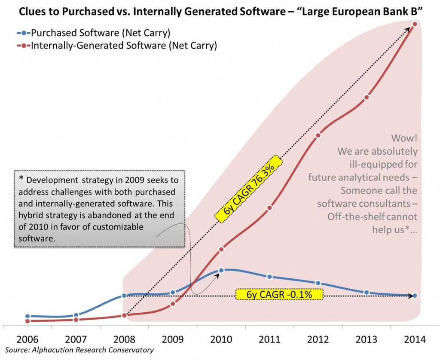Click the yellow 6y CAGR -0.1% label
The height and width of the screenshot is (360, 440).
point(279,294)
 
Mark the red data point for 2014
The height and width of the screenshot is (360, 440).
point(415,24)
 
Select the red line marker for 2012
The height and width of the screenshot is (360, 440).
point(318,135)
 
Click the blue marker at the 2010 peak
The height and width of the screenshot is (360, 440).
point(221,270)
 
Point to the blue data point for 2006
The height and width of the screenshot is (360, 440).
point(27,316)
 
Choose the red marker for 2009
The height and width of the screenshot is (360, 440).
point(173,304)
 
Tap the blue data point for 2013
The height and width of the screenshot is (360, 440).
point(367,292)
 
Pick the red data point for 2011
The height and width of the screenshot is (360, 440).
point(269,208)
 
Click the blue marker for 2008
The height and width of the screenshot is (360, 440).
point(124,296)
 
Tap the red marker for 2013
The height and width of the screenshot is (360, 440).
point(367,97)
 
